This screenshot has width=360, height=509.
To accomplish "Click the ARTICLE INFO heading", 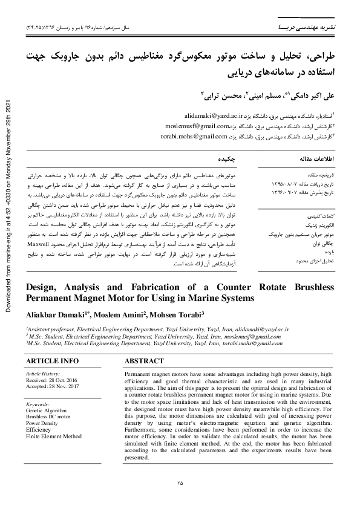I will [x=52, y=361].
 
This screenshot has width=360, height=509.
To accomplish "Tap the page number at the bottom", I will [x=180, y=482].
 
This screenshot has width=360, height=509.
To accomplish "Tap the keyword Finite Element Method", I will [x=53, y=435].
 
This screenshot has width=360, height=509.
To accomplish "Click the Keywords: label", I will [x=38, y=403].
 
